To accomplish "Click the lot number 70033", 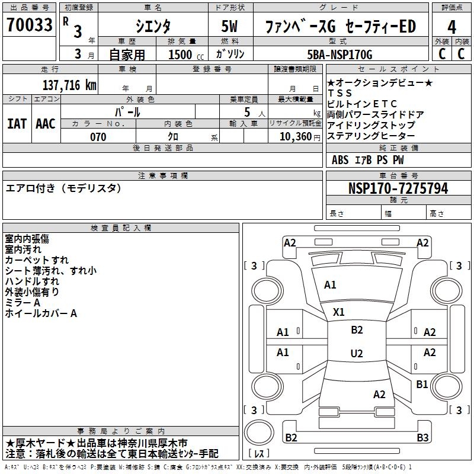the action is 29,24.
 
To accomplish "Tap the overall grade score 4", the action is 451,27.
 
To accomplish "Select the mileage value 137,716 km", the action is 69,85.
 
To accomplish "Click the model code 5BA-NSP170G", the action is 340,55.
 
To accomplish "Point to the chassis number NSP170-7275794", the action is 398,188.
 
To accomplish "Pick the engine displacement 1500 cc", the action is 186,55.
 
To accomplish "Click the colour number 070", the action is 98,137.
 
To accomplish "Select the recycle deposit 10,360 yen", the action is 300,137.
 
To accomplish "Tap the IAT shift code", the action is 17,124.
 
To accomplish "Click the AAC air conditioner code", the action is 46,124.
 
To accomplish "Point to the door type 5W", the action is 229,26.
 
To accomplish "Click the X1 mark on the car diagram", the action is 338,312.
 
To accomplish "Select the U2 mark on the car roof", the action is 357,353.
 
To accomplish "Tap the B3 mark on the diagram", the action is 422,437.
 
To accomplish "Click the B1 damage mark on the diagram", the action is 422,384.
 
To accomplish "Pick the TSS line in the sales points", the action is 340,93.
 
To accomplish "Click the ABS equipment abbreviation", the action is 340,160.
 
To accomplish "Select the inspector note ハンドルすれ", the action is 32,281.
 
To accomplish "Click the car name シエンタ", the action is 153,26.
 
